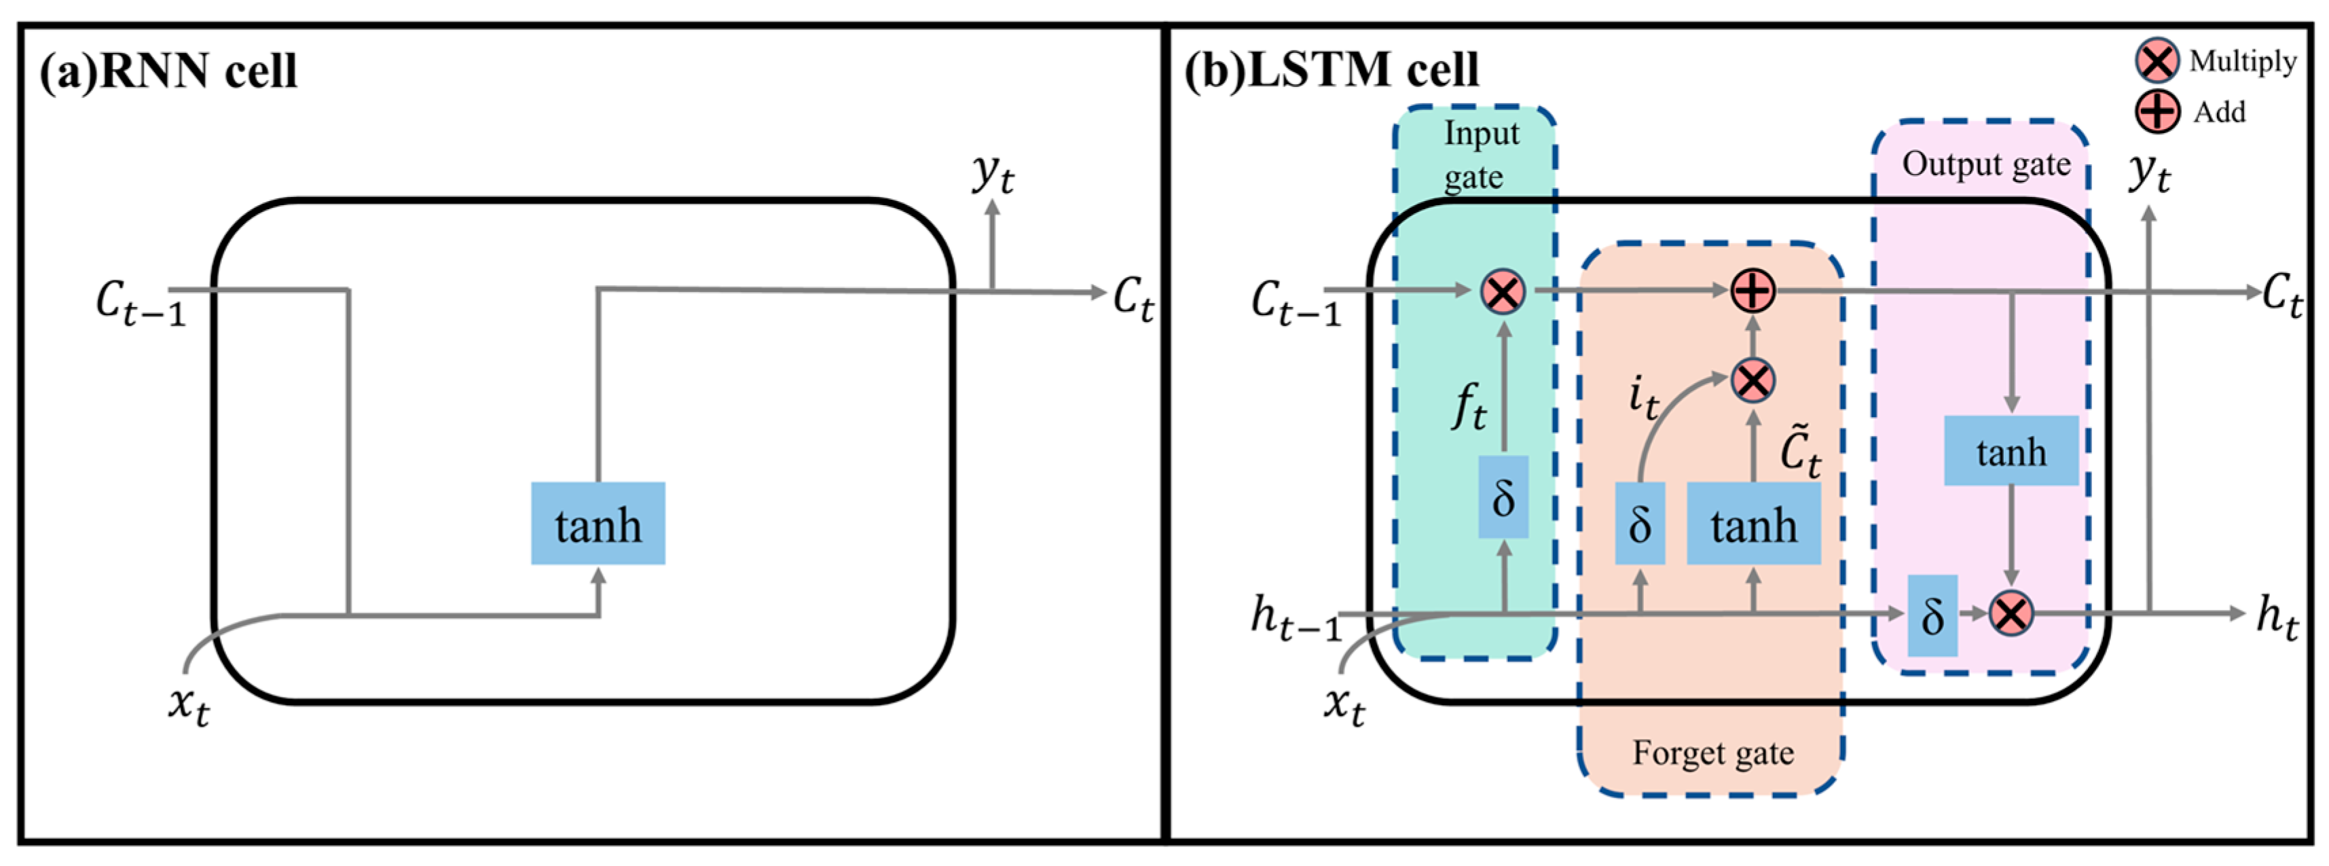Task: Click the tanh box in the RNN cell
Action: [598, 524]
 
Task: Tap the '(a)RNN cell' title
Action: [168, 71]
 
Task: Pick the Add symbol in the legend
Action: [2157, 112]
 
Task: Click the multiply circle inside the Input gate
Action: [1503, 292]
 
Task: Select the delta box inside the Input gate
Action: [1503, 497]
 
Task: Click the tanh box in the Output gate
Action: [2011, 451]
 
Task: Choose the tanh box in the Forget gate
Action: [1753, 524]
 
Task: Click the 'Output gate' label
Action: [1985, 164]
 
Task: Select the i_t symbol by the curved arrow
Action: [1643, 398]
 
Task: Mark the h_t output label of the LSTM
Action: [2277, 617]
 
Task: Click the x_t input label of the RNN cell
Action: [189, 705]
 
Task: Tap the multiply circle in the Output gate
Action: [2011, 614]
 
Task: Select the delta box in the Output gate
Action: [1932, 615]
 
